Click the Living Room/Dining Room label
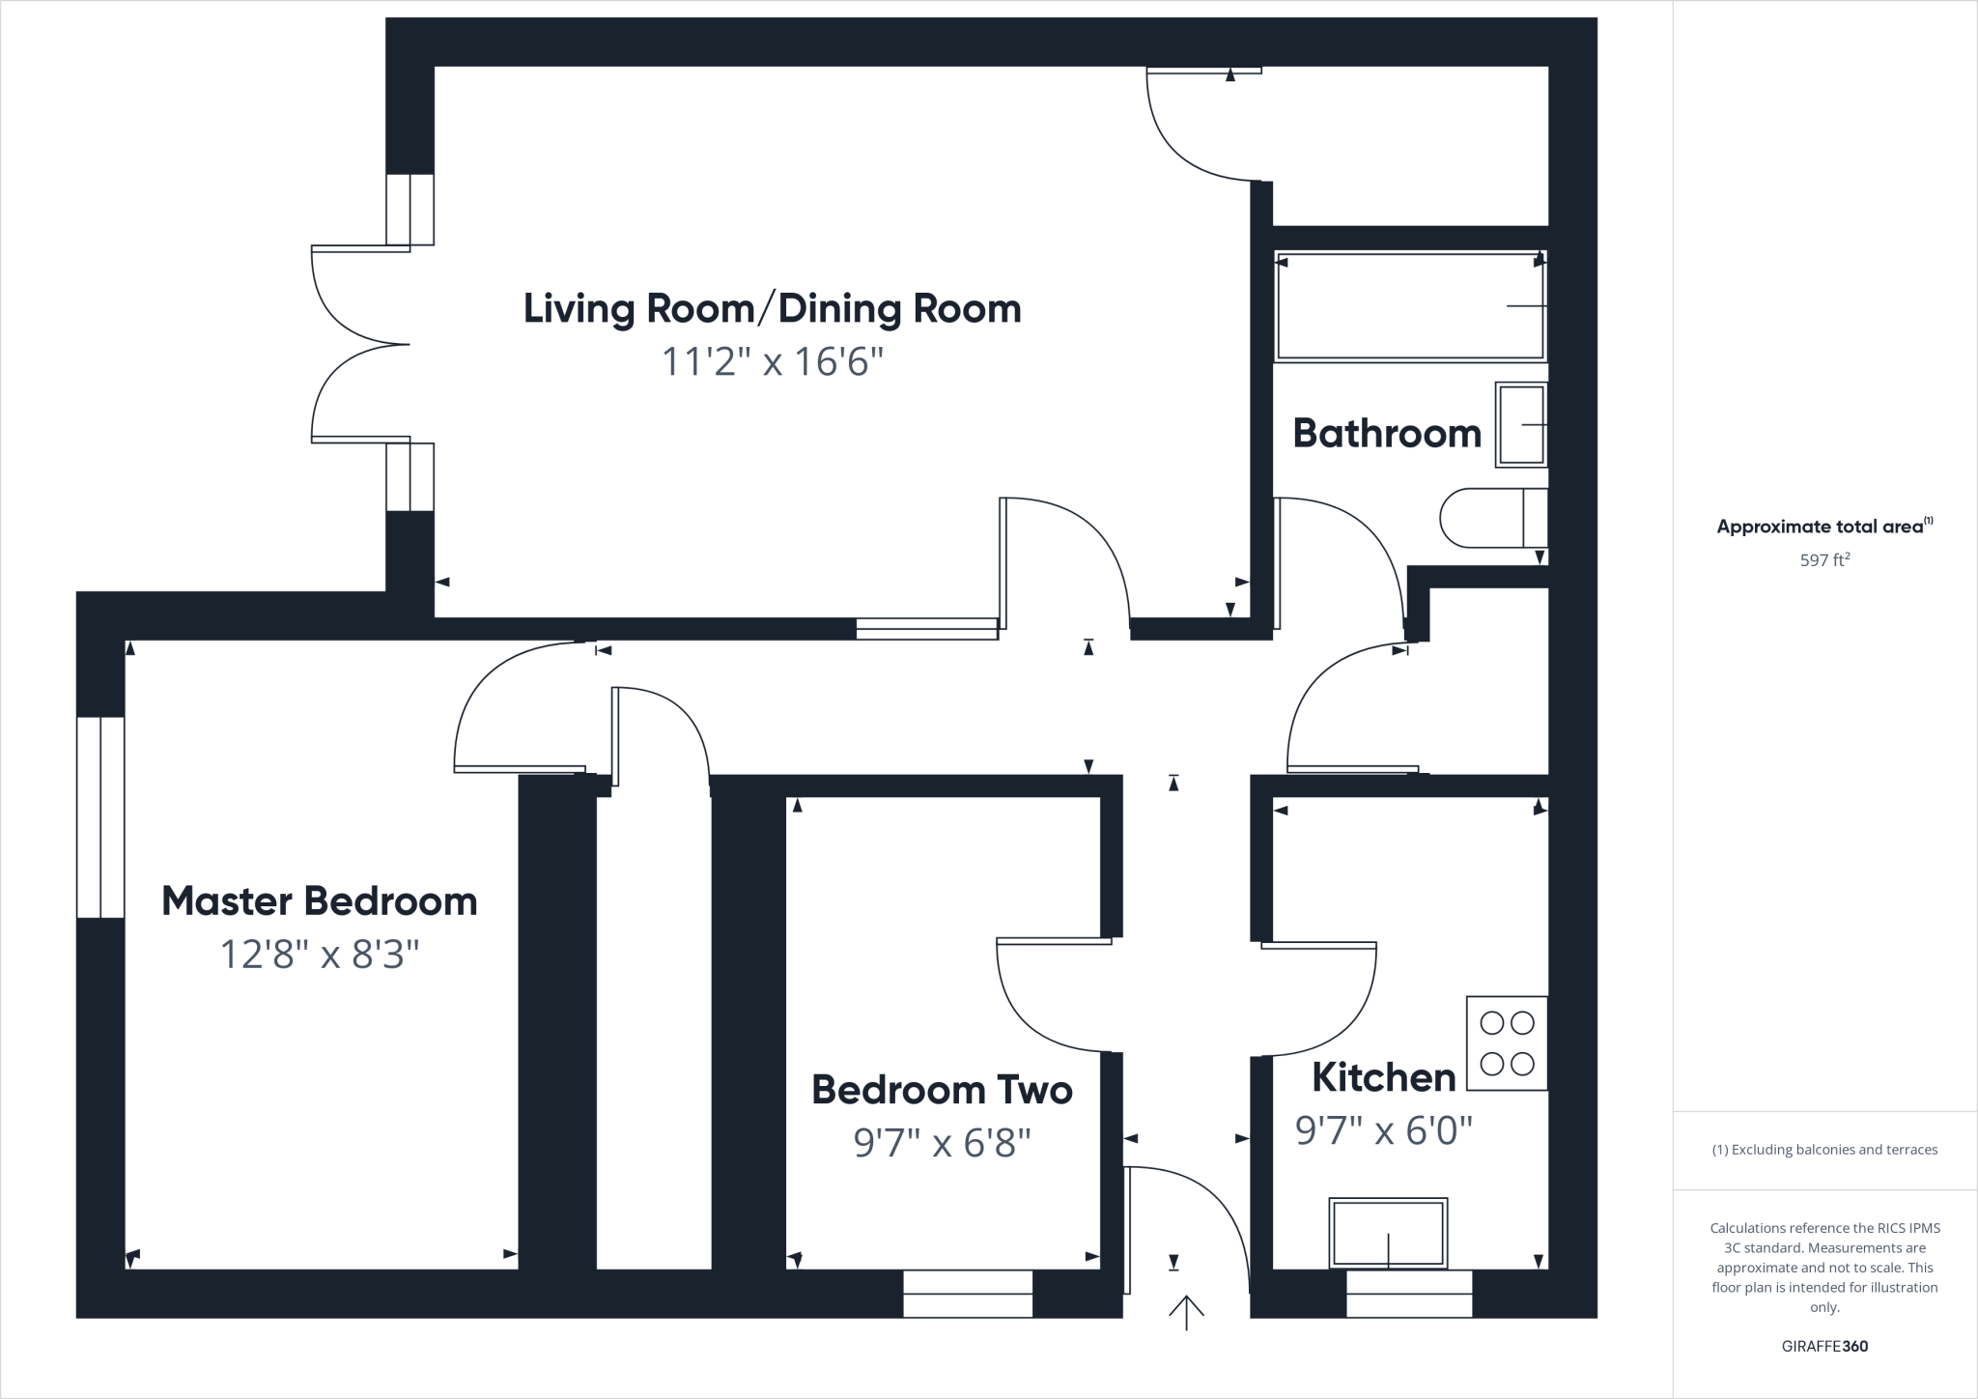tap(772, 309)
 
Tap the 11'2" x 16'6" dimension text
tap(772, 363)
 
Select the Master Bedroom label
tap(319, 901)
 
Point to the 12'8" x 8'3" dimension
tap(319, 956)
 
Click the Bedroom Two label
tap(942, 1090)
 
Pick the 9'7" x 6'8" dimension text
tap(942, 1144)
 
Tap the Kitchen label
tap(1383, 1077)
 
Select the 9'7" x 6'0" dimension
tap(1383, 1130)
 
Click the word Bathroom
tap(1387, 434)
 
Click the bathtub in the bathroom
tap(1410, 306)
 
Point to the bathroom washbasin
tap(1521, 425)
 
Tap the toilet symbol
tap(1492, 519)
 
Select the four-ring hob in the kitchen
tap(1507, 1043)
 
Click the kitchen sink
tap(1388, 1233)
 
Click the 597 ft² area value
tap(1823, 559)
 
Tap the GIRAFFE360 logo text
tap(1824, 1346)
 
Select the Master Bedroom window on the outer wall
tap(100, 817)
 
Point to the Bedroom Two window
tap(968, 1294)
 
